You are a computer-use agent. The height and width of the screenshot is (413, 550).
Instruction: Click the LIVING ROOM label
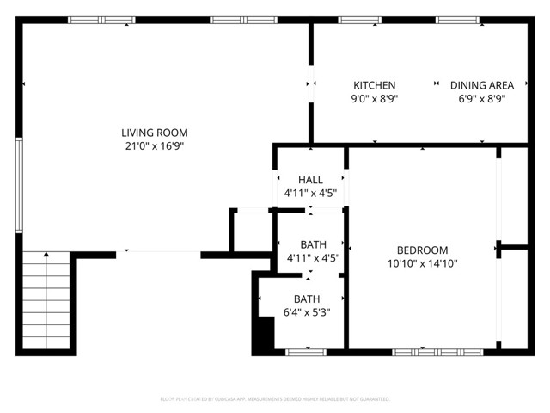[x=154, y=133]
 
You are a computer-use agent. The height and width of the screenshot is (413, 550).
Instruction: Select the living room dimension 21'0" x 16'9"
[x=154, y=146]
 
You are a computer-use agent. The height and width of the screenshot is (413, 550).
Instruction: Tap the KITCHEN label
[x=375, y=85]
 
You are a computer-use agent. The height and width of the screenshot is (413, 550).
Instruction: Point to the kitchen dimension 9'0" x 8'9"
[x=375, y=99]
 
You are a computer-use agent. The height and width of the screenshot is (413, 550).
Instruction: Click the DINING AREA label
[x=482, y=85]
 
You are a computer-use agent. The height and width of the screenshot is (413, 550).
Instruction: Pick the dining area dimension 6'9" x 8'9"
[x=482, y=99]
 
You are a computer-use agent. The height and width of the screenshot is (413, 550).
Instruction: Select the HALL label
[x=310, y=180]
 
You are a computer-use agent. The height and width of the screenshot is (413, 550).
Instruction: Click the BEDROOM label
[x=422, y=250]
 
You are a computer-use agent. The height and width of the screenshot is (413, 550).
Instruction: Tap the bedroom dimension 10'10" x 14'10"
[x=422, y=263]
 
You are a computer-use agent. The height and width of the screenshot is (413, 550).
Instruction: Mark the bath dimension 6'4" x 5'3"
[x=307, y=313]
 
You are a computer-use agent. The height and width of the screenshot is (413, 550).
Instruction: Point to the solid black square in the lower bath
[x=262, y=336]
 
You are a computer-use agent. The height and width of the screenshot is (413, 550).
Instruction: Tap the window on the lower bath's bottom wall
[x=306, y=352]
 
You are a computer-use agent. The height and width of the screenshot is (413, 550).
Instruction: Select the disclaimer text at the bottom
[x=275, y=399]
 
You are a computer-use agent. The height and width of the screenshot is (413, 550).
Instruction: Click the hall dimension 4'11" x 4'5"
[x=310, y=194]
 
